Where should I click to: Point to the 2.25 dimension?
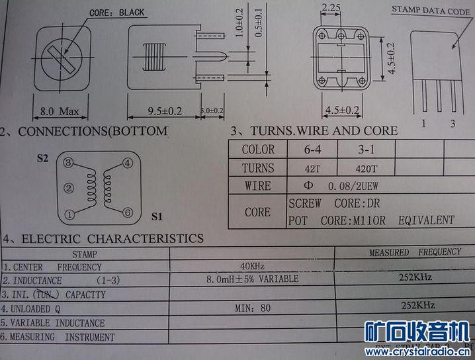point(330,8)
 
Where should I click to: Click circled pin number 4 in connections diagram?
point(128,163)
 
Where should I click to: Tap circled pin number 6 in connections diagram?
point(128,212)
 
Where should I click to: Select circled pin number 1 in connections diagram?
point(69,214)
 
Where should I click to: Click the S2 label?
point(42,158)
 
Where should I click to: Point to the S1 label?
point(156,216)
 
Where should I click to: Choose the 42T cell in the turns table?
point(312,167)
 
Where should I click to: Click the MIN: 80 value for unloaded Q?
point(253,308)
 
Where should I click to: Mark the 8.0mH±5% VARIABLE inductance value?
point(252,279)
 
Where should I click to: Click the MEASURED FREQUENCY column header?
point(414,252)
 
